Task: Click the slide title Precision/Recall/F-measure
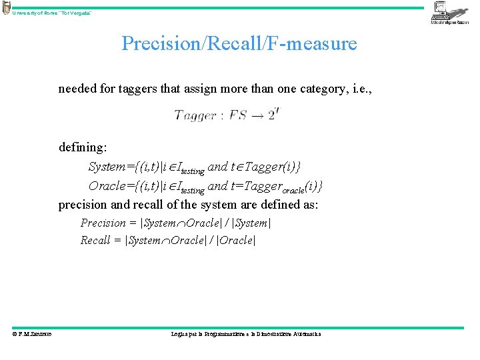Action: (239, 44)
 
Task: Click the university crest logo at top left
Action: (6, 8)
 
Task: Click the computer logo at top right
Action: (449, 13)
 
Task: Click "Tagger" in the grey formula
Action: (194, 115)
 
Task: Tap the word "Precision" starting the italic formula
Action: (103, 223)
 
